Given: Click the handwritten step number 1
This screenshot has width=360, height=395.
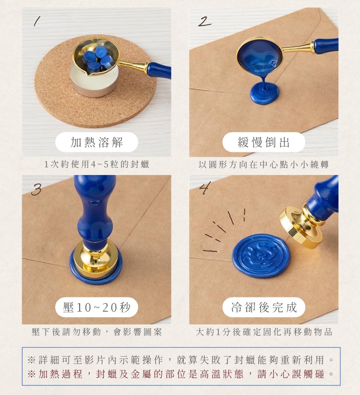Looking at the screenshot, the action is click(37, 21).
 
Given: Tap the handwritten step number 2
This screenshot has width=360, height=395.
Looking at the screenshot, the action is click(204, 21).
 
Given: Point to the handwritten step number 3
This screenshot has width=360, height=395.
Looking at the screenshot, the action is click(37, 189).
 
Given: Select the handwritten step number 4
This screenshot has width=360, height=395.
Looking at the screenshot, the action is click(204, 188).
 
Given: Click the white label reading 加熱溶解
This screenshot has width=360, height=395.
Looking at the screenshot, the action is click(96, 142).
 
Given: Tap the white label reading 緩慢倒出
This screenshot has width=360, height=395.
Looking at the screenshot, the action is click(264, 142).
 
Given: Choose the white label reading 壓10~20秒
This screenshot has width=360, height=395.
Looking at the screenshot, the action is click(96, 307).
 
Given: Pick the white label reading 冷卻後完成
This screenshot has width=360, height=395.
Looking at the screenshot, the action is click(264, 307).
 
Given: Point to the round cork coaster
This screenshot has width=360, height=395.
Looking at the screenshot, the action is click(95, 82).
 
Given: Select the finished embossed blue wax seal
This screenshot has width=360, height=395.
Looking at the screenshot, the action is click(261, 256).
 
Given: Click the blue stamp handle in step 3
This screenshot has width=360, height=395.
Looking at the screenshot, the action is click(95, 211).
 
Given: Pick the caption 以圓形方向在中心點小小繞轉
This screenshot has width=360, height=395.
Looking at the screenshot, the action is click(264, 165).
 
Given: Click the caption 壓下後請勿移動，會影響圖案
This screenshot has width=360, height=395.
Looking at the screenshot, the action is click(96, 332).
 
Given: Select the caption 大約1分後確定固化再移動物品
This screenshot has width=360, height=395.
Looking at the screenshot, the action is click(264, 332).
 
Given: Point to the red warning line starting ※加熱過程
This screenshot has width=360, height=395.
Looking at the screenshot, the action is click(180, 374).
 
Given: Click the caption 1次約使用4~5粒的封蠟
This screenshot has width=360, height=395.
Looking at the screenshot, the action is click(96, 164).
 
